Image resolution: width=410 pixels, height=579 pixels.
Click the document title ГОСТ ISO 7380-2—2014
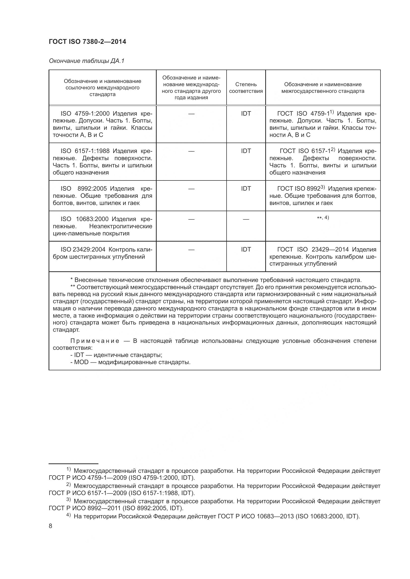click(87, 42)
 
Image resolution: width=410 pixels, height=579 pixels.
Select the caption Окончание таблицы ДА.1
click(87, 61)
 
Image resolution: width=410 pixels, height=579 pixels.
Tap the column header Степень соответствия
click(246, 87)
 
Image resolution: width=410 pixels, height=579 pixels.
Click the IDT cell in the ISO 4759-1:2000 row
click(246, 113)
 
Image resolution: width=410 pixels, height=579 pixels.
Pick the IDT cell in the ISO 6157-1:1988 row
click(246, 151)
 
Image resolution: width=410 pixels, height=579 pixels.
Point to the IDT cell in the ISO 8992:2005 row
click(246, 188)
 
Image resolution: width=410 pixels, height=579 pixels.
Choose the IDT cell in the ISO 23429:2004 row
click(246, 249)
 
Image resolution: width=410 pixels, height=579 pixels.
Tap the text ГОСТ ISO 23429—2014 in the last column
click(313, 250)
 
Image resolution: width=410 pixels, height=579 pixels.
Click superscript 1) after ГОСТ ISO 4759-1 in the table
click(332, 112)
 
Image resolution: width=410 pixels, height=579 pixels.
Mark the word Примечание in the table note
click(95, 341)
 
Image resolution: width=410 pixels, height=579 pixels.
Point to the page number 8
click(51, 526)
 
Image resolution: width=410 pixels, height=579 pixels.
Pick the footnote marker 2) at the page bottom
click(68, 484)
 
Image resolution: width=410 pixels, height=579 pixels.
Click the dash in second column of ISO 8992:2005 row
click(191, 189)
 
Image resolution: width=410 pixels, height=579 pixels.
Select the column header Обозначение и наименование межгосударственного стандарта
click(323, 87)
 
